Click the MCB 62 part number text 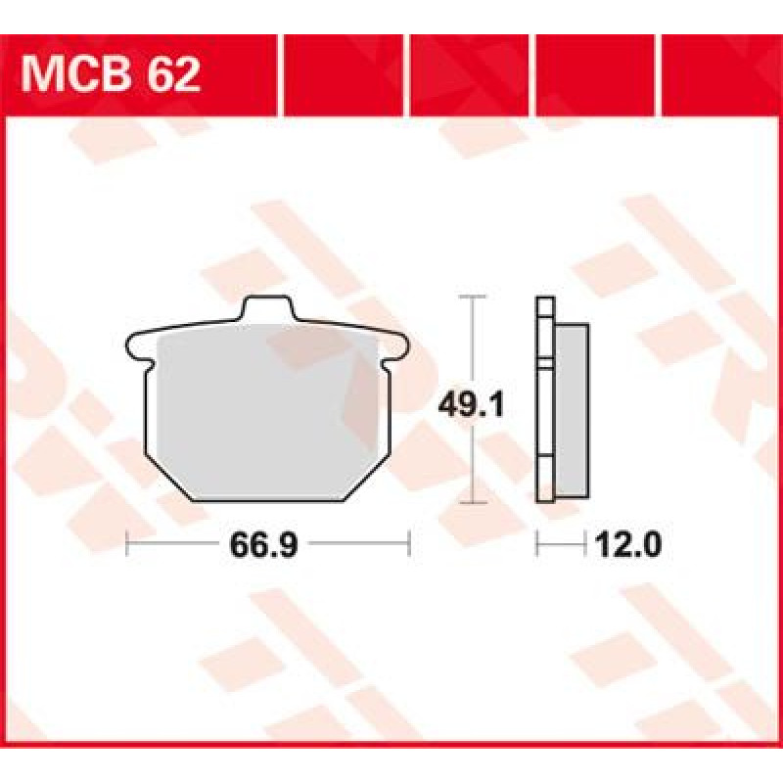tap(111, 75)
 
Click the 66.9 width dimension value tap(263, 544)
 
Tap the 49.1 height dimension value tap(471, 405)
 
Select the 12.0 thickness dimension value tap(628, 544)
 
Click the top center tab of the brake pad tap(266, 308)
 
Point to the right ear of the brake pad tap(394, 346)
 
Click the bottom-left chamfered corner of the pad tap(168, 478)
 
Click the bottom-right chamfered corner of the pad tap(365, 478)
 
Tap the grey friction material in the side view tap(572, 410)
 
